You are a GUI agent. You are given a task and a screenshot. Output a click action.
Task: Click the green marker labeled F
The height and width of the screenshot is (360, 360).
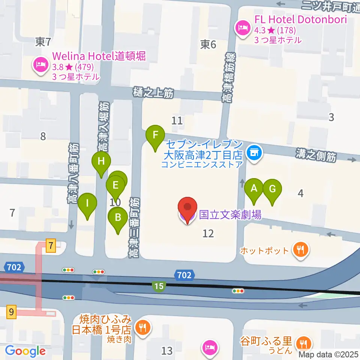point(157,135)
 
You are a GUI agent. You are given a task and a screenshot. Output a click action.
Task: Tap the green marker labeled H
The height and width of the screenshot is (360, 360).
point(101,161)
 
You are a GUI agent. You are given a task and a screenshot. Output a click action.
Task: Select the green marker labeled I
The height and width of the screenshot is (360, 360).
point(87,204)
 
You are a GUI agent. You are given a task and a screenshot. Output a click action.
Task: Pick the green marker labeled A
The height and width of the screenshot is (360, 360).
point(254,188)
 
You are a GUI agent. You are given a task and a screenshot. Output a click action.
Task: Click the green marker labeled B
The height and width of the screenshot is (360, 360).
point(118,217)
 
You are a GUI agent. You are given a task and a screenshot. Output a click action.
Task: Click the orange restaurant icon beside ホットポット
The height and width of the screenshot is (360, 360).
point(300,249)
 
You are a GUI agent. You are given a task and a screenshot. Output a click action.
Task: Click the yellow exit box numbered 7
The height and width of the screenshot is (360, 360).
point(51,246)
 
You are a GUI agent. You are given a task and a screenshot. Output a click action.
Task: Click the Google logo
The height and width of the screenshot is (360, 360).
point(25,351)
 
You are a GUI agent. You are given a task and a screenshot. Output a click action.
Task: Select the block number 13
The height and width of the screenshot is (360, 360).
point(167,351)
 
